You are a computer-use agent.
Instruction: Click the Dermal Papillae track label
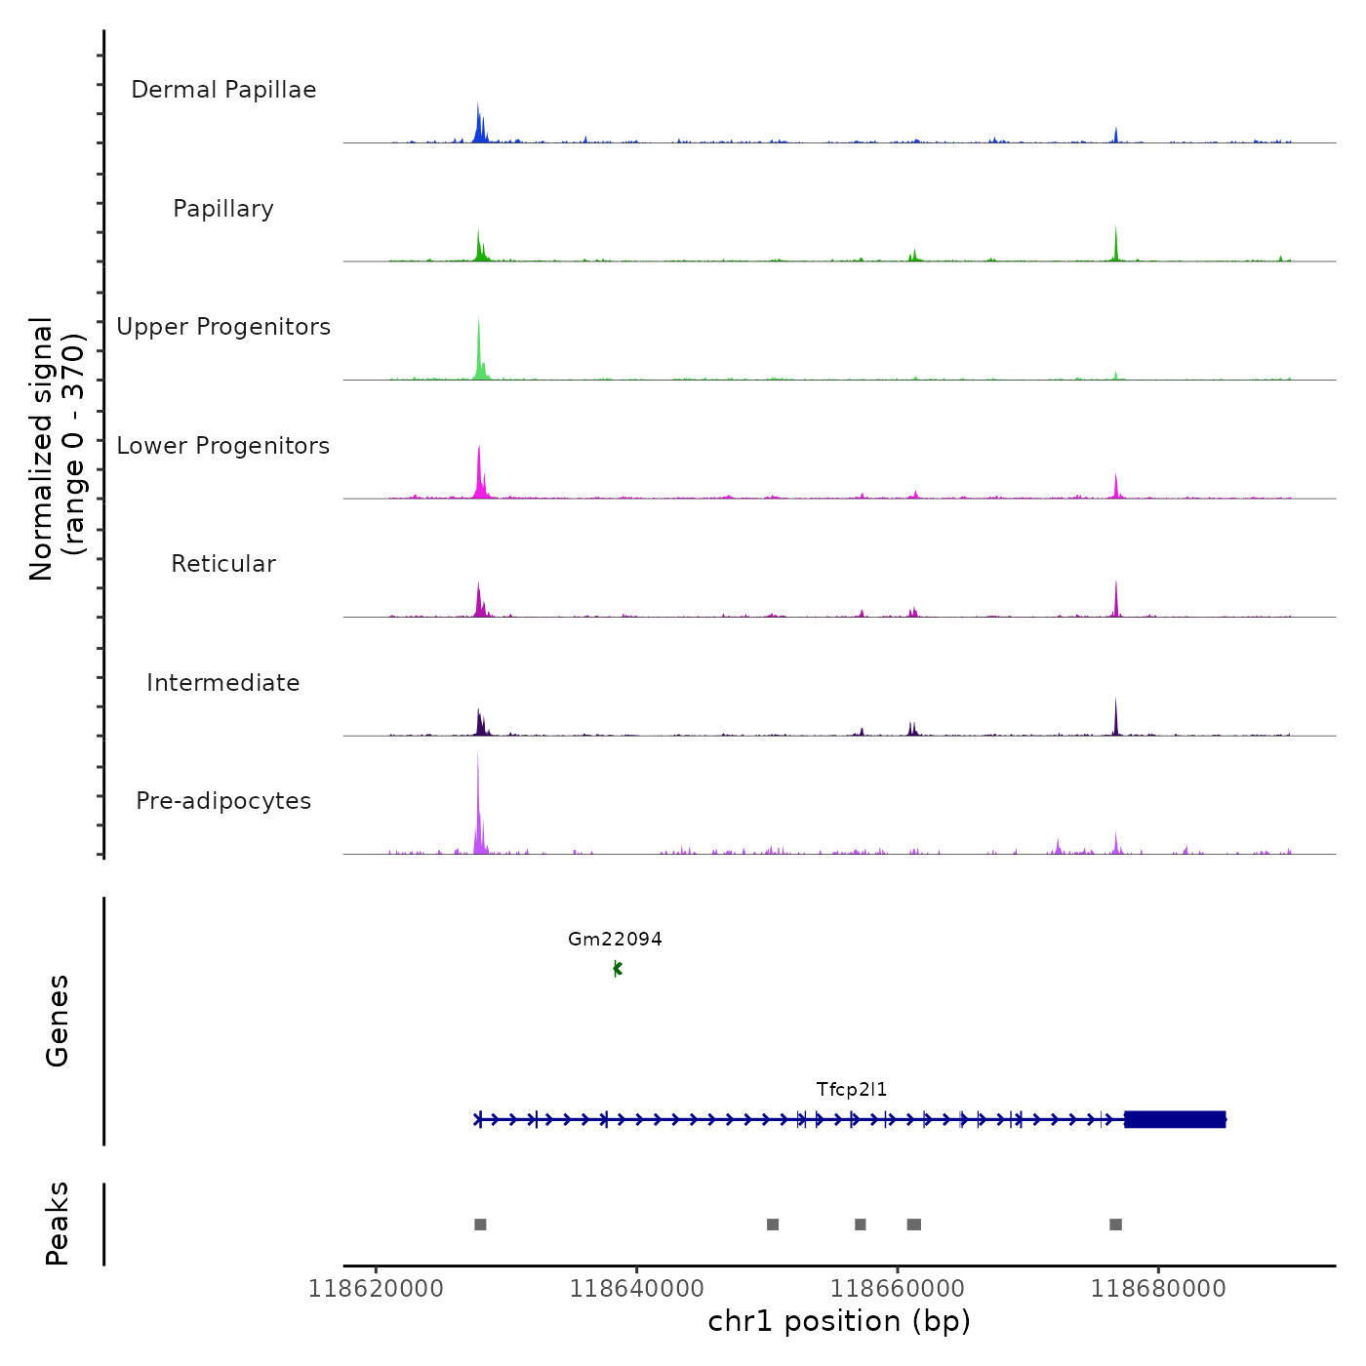coord(223,90)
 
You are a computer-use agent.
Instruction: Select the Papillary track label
coord(223,209)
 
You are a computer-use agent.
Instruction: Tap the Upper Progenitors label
coord(223,327)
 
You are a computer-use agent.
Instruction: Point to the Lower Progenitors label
coord(223,446)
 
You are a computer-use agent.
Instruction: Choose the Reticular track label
coord(223,564)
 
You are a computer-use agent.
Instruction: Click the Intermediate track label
coord(223,683)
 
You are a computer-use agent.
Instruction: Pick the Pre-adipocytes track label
coord(223,801)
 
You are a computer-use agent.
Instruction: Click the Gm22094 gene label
coord(615,940)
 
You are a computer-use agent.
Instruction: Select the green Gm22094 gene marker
coord(617,969)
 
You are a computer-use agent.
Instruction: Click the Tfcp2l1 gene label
coord(852,1090)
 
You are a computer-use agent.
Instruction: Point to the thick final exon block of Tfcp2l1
coord(1175,1119)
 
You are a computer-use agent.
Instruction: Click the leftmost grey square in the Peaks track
coord(480,1225)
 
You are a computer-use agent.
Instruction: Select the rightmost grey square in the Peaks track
coord(1115,1225)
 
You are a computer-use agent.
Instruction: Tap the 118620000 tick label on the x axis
coord(376,1289)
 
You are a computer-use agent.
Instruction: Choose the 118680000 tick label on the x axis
coord(1158,1289)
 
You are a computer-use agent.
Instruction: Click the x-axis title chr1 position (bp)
coord(839,1322)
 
